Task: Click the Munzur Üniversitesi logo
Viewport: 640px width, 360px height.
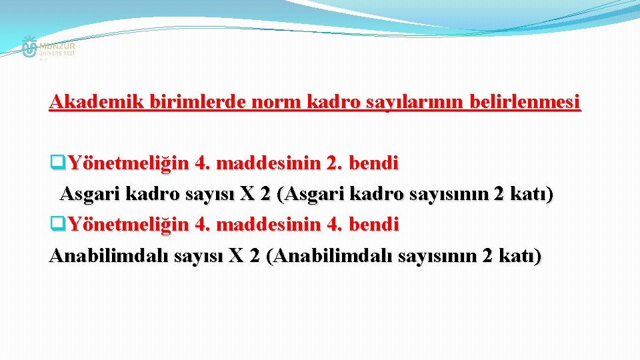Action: point(47,48)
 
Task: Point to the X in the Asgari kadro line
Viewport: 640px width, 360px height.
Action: point(247,194)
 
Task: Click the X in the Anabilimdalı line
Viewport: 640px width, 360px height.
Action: point(236,257)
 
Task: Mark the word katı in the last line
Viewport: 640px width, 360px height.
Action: point(525,257)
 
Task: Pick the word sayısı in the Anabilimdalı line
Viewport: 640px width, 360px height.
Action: point(197,257)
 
